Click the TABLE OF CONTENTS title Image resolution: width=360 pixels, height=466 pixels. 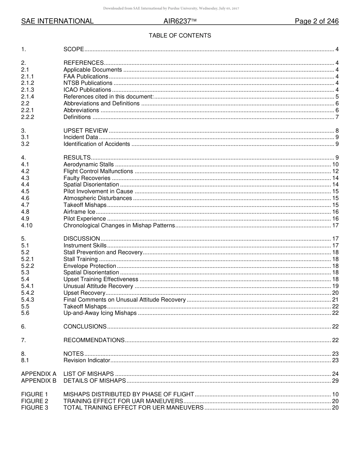pyautogui.click(x=180, y=36)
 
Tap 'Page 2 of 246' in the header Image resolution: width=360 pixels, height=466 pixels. pyautogui.click(x=316, y=22)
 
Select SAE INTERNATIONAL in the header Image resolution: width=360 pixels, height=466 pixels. pyautogui.click(x=57, y=22)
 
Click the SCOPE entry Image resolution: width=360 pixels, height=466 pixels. pyautogui.click(x=74, y=49)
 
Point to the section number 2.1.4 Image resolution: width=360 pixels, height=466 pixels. pyautogui.click(x=28, y=97)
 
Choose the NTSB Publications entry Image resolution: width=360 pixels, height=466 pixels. pyautogui.click(x=88, y=83)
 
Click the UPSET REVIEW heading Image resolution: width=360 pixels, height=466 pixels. pyautogui.click(x=86, y=131)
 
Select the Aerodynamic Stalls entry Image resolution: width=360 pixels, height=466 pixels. pyautogui.click(x=88, y=164)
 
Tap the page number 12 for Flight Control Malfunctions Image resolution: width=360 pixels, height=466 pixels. pyautogui.click(x=335, y=171)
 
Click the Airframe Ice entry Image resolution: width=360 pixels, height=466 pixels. pyautogui.click(x=79, y=212)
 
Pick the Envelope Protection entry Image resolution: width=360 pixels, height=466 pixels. pyautogui.click(x=89, y=266)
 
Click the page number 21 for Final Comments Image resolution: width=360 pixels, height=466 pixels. pyautogui.click(x=335, y=300)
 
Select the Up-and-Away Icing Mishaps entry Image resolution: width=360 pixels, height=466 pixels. pyautogui.click(x=100, y=313)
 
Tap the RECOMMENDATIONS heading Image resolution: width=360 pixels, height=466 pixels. pyautogui.click(x=94, y=340)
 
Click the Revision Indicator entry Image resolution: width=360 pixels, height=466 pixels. pyautogui.click(x=87, y=360)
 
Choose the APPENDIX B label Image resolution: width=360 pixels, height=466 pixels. pyautogui.click(x=39, y=380)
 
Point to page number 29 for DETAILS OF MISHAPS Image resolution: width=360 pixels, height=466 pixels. pyautogui.click(x=335, y=380)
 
